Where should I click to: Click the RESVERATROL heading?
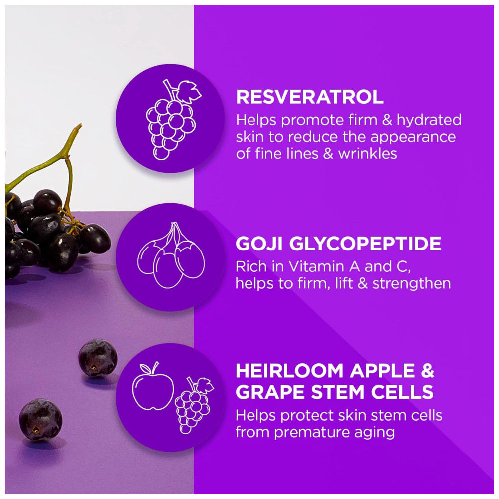tap(310, 97)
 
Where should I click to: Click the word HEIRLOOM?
tap(289, 371)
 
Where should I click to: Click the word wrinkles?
tap(368, 154)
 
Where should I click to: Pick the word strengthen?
tap(412, 283)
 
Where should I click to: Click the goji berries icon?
tap(171, 255)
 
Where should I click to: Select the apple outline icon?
tap(153, 386)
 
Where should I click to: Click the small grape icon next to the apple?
tap(194, 405)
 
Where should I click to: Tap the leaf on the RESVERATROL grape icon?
tap(189, 92)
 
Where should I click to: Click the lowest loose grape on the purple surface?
tap(41, 420)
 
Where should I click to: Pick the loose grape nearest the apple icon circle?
tap(98, 358)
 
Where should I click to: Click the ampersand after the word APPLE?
tap(427, 371)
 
